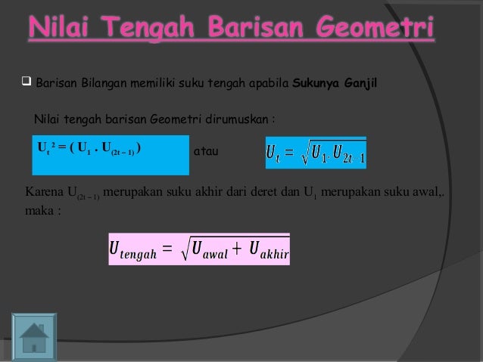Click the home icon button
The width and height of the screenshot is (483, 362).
pyautogui.click(x=34, y=335)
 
